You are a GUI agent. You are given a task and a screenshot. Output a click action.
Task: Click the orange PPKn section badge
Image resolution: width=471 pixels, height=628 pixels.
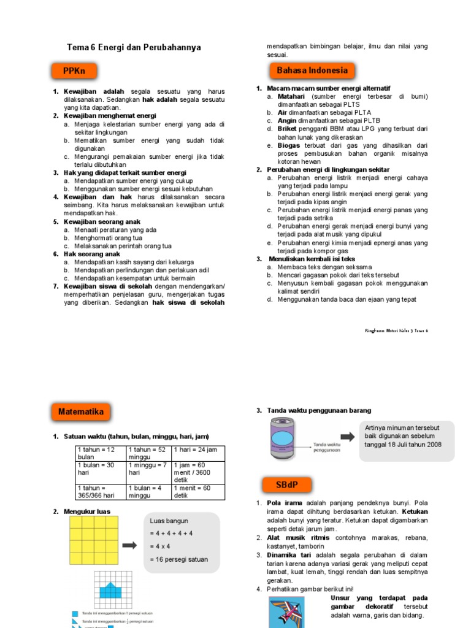(74, 71)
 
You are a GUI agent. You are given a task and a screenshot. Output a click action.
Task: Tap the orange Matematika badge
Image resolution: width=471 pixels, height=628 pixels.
(81, 412)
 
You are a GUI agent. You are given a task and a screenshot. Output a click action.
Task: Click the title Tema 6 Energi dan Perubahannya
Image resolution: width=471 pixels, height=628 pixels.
(133, 47)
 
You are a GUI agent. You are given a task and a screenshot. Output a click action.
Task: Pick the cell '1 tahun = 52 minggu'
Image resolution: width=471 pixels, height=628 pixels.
(148, 454)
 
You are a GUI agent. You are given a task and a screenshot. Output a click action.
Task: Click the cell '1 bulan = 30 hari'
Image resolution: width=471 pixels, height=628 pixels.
(99, 470)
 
